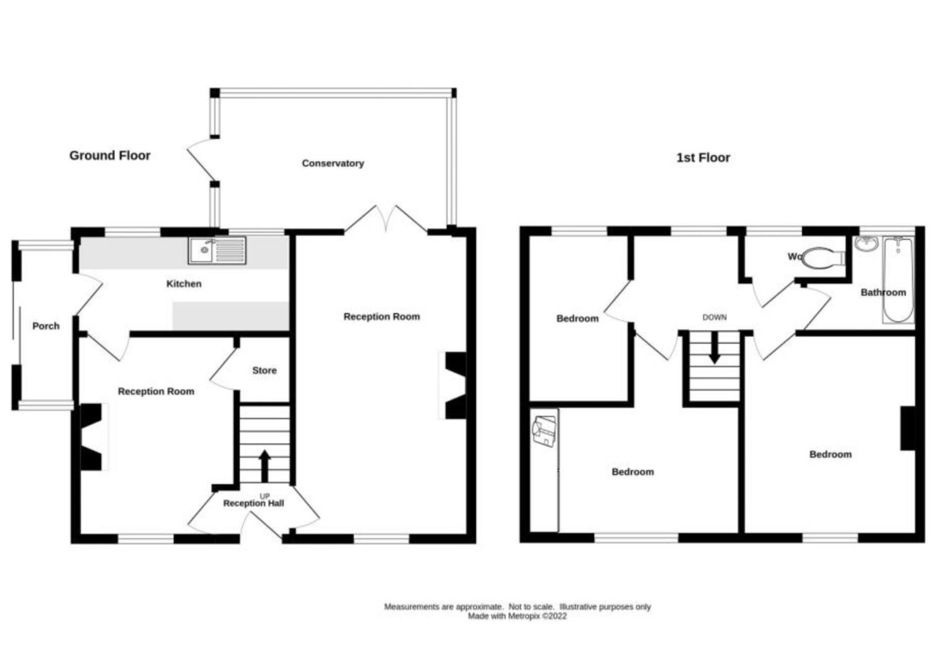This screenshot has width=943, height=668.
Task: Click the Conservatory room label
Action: pyautogui.click(x=333, y=163)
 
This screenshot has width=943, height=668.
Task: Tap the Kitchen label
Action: pyautogui.click(x=184, y=284)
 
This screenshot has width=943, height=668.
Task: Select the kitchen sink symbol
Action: pyautogui.click(x=217, y=250)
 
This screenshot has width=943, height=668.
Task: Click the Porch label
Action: pyautogui.click(x=46, y=326)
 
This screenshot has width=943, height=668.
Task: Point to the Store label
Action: pyautogui.click(x=265, y=370)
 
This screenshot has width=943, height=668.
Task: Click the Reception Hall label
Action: pyautogui.click(x=254, y=503)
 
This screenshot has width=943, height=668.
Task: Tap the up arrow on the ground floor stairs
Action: pyautogui.click(x=265, y=466)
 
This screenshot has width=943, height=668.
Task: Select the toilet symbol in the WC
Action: pyautogui.click(x=823, y=258)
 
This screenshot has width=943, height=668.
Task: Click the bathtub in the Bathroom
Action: pyautogui.click(x=898, y=280)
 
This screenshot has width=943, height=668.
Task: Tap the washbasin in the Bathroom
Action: pyautogui.click(x=866, y=244)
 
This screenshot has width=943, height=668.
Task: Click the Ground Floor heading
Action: pyautogui.click(x=110, y=156)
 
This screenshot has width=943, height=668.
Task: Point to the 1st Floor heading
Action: pyautogui.click(x=703, y=158)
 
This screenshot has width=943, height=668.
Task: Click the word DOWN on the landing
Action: pyautogui.click(x=714, y=317)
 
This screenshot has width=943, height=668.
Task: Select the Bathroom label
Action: pyautogui.click(x=883, y=293)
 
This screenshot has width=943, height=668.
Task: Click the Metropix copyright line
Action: pyautogui.click(x=517, y=617)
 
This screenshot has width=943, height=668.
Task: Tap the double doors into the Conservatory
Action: pyautogui.click(x=386, y=219)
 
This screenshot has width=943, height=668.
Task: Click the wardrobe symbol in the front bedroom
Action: pyautogui.click(x=544, y=470)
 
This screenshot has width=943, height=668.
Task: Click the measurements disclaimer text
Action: pyautogui.click(x=518, y=607)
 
